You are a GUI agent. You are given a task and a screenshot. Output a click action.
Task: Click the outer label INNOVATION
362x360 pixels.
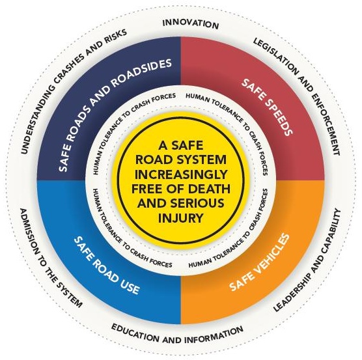191,24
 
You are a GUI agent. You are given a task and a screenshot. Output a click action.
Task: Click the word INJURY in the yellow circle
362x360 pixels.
181,218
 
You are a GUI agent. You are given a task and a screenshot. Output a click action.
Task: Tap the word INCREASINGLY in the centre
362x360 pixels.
181,174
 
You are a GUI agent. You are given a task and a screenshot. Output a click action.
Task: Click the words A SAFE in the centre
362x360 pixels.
181,145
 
